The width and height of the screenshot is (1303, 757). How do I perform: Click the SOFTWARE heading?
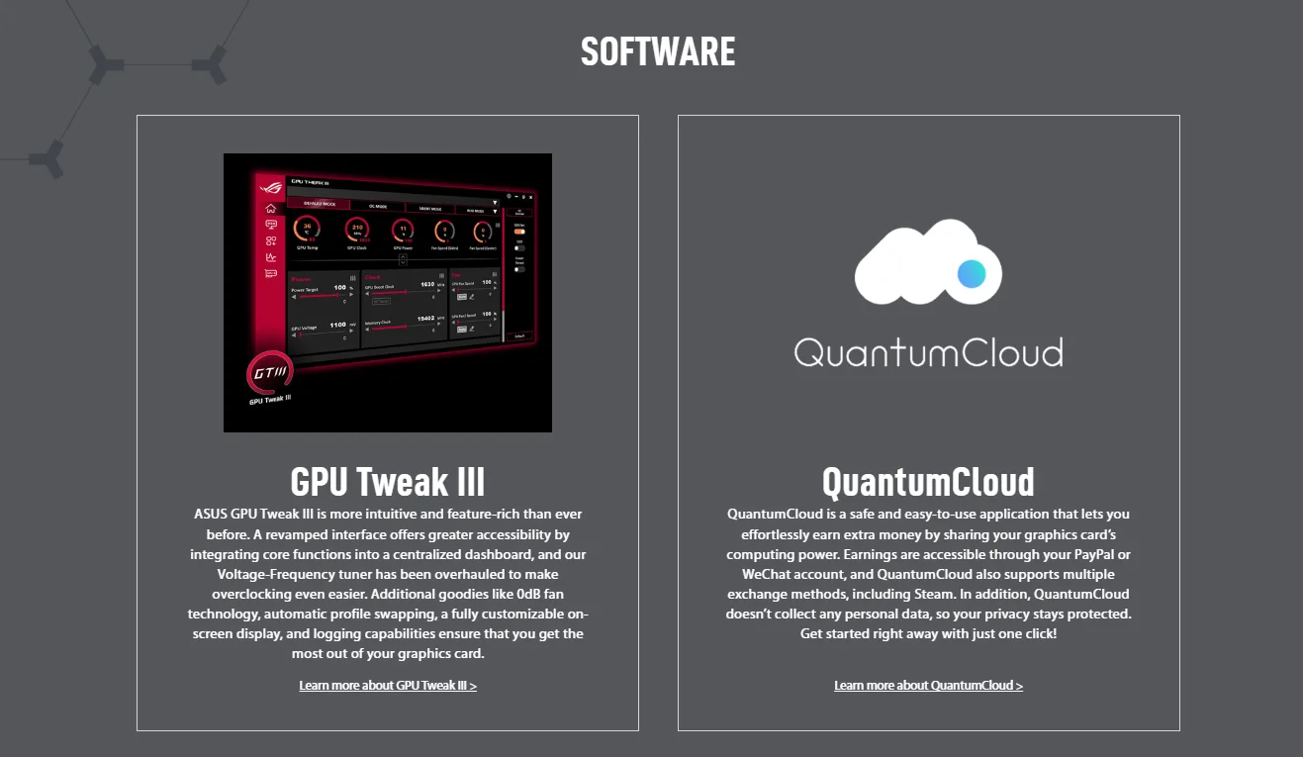coord(658,51)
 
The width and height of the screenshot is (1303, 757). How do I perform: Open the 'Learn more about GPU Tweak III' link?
coord(388,686)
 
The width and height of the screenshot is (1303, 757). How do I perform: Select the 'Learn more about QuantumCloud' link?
coord(928,686)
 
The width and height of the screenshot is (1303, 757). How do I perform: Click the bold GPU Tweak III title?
coord(388,482)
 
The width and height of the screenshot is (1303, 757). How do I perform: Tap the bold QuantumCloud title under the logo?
coord(928,482)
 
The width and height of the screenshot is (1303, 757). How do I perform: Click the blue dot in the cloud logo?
coord(973,273)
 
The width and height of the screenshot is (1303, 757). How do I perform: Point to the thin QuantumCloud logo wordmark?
coord(928,352)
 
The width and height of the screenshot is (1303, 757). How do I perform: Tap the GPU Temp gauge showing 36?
coord(308,231)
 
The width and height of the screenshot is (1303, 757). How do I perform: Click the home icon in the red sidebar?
coord(271,209)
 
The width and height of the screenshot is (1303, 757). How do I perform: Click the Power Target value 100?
coord(340,288)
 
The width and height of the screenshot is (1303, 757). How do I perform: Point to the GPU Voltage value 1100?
coord(337,325)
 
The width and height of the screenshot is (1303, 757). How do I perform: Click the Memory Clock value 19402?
coord(426,319)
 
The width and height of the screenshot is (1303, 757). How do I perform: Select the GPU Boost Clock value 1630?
coord(426,284)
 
